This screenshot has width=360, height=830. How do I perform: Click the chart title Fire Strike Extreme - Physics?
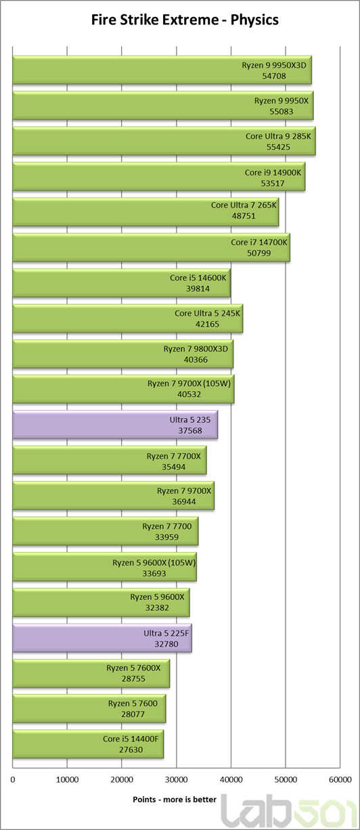tap(185, 20)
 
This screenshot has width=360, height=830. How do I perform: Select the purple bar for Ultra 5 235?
tap(115, 425)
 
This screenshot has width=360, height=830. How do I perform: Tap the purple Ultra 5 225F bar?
tap(102, 638)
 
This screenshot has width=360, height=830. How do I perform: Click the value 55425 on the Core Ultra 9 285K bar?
tap(278, 147)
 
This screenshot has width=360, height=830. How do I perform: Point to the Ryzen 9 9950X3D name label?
tap(274, 65)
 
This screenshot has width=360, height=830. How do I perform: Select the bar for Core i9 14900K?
tap(159, 177)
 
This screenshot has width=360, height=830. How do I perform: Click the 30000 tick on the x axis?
tap(176, 780)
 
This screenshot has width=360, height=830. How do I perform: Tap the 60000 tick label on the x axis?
tap(340, 780)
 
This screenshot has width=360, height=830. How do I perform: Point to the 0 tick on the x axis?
tap(13, 780)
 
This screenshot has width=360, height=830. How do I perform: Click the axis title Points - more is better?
tap(175, 800)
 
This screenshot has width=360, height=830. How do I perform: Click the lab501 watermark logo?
tap(289, 811)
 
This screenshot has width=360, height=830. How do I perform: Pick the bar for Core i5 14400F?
tap(88, 744)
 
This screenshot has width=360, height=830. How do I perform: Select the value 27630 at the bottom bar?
tap(131, 750)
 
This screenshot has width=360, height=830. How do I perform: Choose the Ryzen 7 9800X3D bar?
tap(123, 354)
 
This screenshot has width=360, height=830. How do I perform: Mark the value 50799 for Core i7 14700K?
tap(258, 253)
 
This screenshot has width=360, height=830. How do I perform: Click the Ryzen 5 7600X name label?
tap(133, 668)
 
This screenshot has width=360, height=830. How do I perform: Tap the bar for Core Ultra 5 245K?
tap(128, 319)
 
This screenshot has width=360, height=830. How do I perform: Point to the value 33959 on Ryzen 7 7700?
tap(166, 537)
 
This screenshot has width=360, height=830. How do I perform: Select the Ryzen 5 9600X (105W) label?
tap(154, 563)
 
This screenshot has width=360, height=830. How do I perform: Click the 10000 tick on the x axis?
tap(67, 780)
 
